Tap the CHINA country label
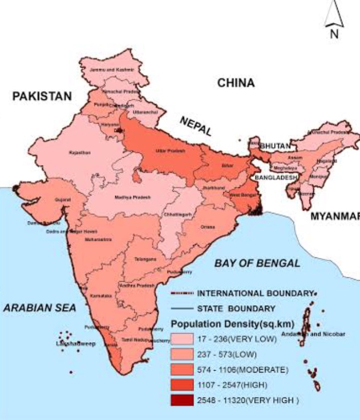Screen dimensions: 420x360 click(x=236, y=83)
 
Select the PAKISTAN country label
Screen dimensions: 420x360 click(x=42, y=96)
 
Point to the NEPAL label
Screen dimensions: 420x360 click(x=196, y=126)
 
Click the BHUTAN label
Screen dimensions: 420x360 click(x=275, y=146)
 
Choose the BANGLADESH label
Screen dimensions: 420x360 click(x=276, y=177)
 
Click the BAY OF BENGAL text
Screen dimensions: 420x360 click(x=257, y=263)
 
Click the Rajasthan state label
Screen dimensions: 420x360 click(x=79, y=153)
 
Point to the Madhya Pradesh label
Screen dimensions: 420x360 click(x=133, y=197)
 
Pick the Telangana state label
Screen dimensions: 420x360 click(x=145, y=259)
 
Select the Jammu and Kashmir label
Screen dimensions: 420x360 click(x=112, y=70)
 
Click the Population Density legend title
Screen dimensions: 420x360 click(x=221, y=325)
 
